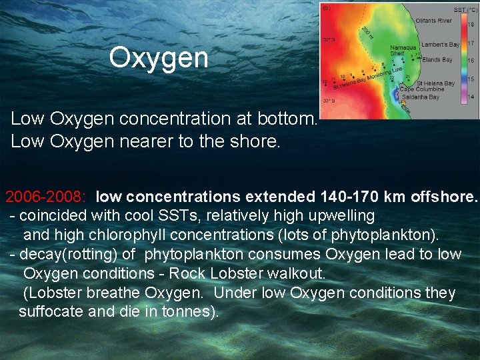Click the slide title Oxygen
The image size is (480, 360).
pos(159,57)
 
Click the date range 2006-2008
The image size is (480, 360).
pos(45,197)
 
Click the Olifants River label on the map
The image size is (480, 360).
pos(433,21)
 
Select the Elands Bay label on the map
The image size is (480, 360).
pos(437,60)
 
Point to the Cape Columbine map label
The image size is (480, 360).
pos(421,89)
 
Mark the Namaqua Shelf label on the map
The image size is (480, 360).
pos(403,51)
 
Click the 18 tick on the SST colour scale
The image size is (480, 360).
pos(471,25)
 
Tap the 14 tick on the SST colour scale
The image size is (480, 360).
pos(471,97)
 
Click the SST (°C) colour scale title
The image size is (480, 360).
pos(464,9)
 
